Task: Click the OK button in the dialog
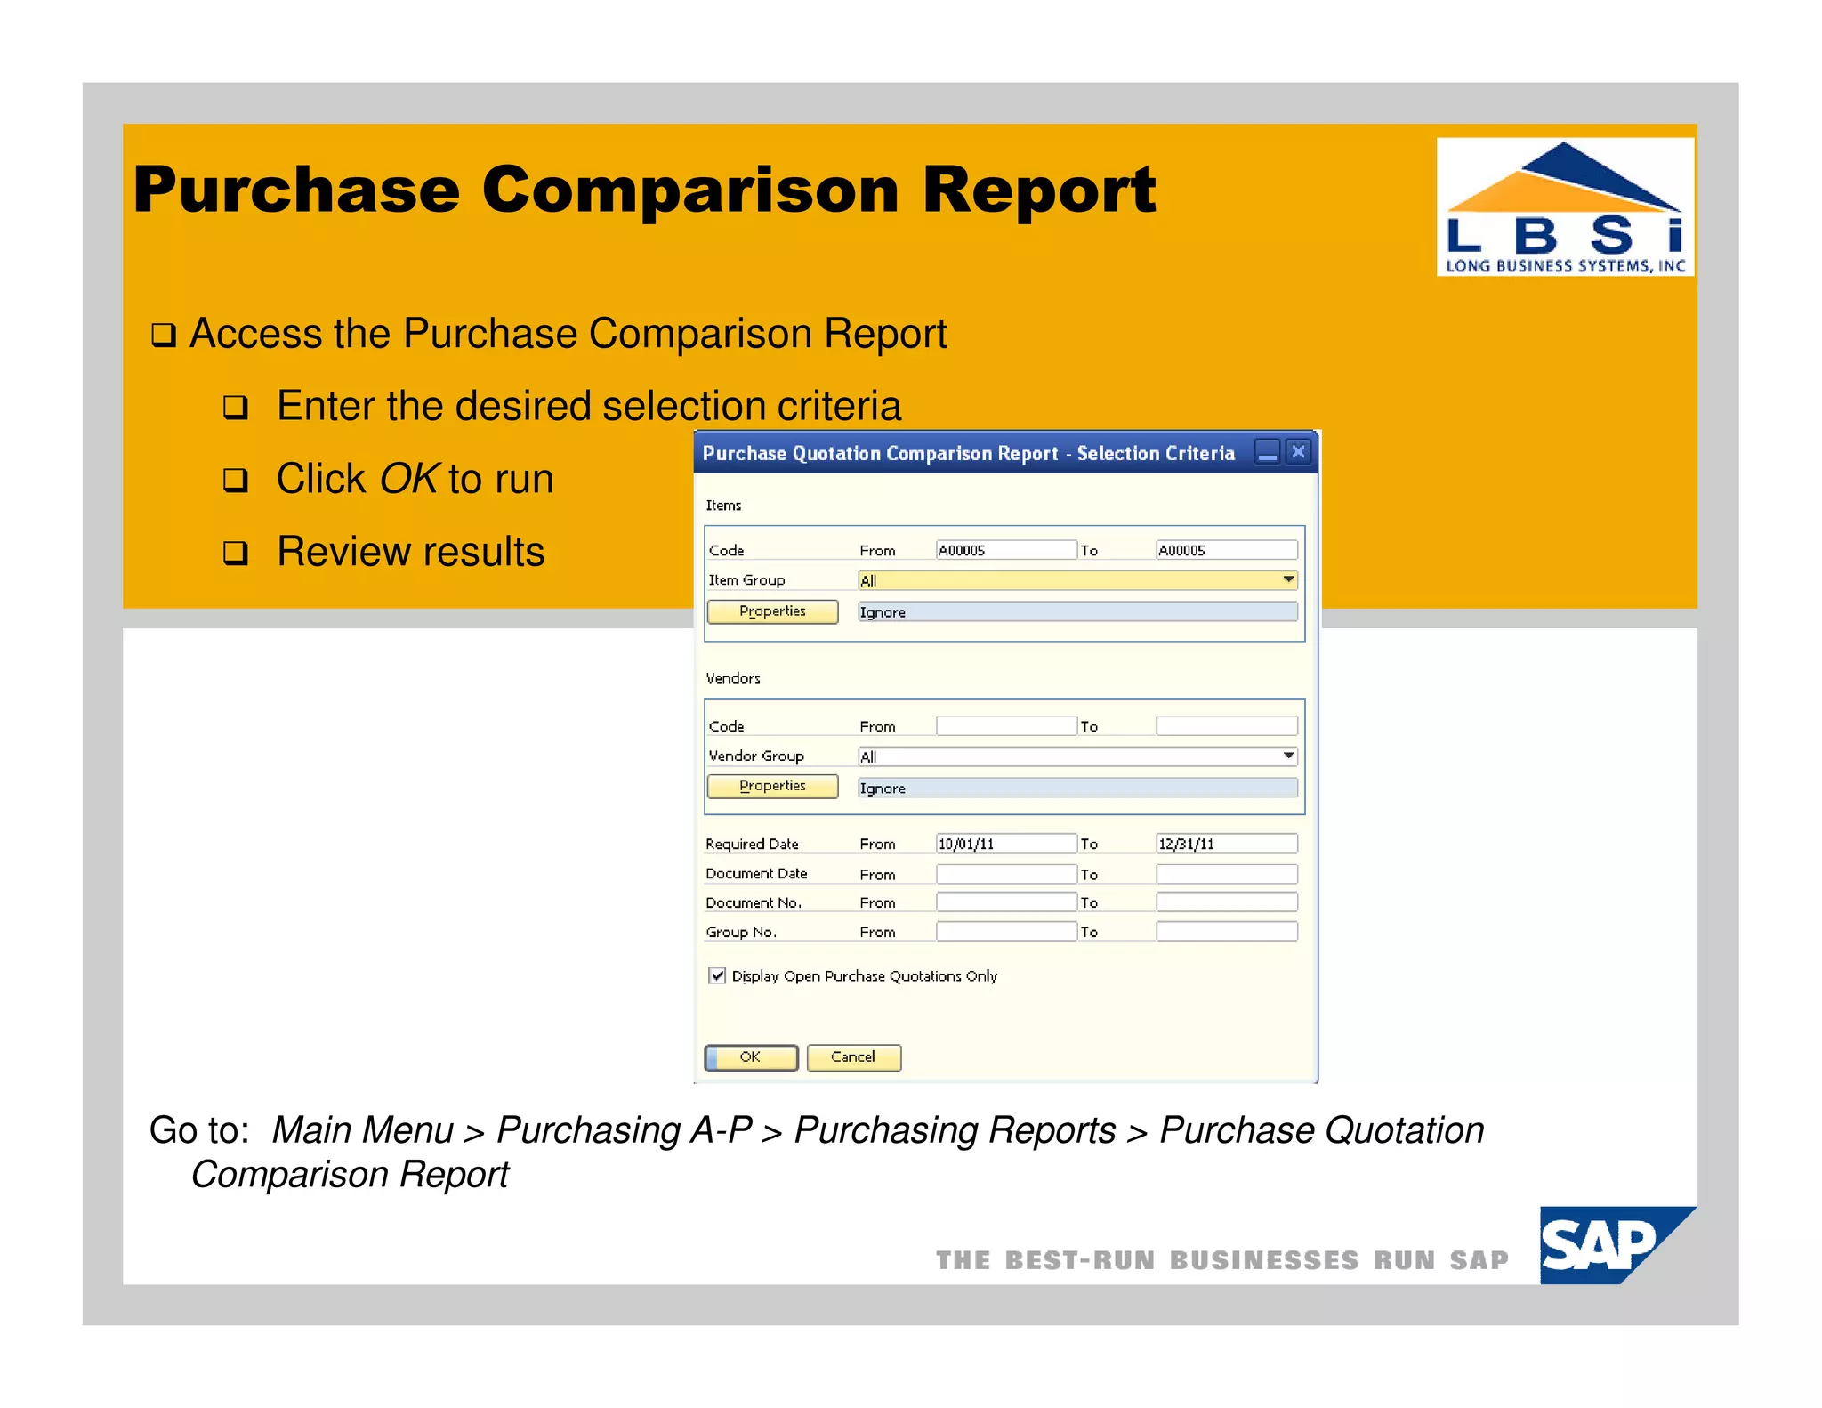tap(751, 1057)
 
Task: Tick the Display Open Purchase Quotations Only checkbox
tap(717, 975)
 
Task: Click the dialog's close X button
tap(1298, 452)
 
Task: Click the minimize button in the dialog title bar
tap(1267, 452)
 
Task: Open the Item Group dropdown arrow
tap(1287, 580)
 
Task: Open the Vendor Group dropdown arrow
tap(1287, 757)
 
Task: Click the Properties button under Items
tap(772, 611)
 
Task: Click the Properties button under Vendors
tap(772, 786)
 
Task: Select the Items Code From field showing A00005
tap(1005, 550)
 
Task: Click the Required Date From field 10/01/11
tap(1005, 843)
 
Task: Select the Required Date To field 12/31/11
tap(1226, 843)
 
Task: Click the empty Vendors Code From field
tap(1005, 726)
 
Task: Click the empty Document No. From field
tap(1005, 902)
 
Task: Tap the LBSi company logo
tap(1564, 207)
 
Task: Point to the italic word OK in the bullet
tap(409, 479)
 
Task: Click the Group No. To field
tap(1226, 932)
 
